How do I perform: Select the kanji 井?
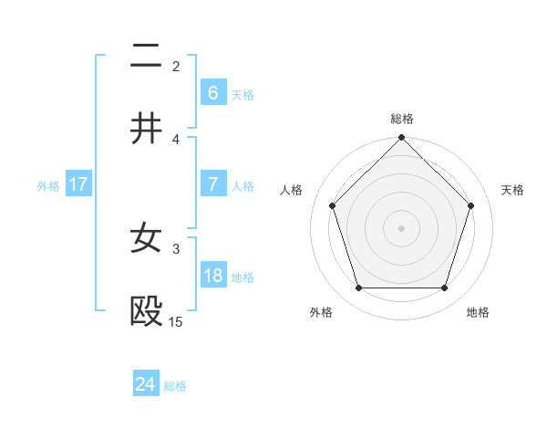click(x=147, y=130)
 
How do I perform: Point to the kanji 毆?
click(x=147, y=312)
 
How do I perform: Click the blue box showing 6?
click(x=212, y=92)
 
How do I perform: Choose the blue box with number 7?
click(x=212, y=184)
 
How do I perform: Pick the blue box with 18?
click(x=212, y=276)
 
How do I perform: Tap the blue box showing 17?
click(x=77, y=184)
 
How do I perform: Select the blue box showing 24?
click(x=146, y=384)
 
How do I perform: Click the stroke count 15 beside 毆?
click(x=175, y=321)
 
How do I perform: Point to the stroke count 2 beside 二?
click(x=176, y=66)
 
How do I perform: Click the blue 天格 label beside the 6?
click(x=243, y=94)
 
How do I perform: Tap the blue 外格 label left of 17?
click(x=48, y=186)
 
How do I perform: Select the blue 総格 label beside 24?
click(x=175, y=386)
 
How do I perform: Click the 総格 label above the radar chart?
click(x=401, y=119)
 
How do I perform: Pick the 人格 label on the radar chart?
click(x=293, y=190)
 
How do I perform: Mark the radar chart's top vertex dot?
click(x=401, y=139)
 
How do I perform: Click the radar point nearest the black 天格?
click(x=471, y=205)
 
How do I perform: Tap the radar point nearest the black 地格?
click(x=444, y=288)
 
